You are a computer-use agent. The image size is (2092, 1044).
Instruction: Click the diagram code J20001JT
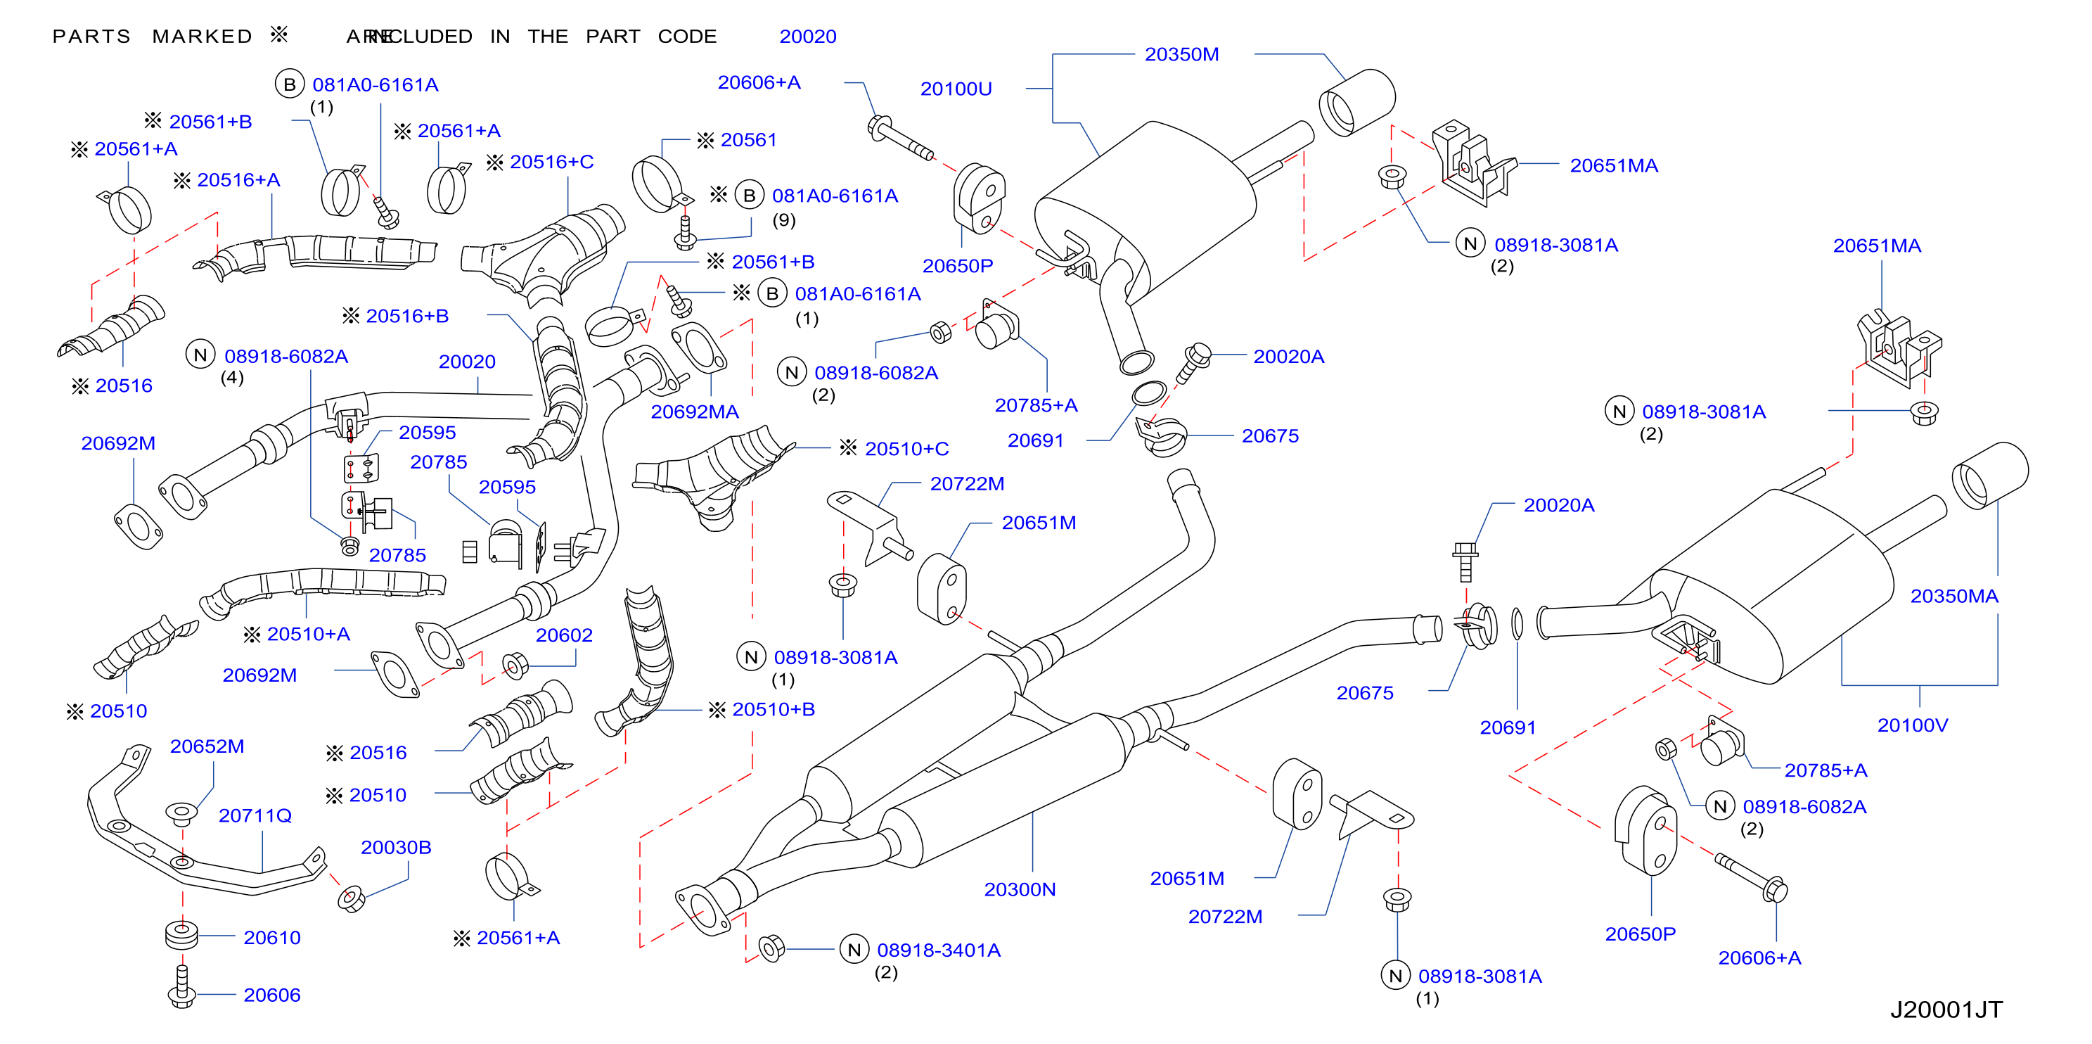(x=1946, y=1009)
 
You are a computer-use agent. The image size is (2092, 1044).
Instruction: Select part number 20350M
(x=1181, y=54)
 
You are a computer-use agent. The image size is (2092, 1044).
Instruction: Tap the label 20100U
(x=956, y=89)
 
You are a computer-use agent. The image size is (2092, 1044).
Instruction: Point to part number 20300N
(x=1020, y=890)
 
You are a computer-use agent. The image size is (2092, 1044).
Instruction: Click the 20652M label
(x=207, y=746)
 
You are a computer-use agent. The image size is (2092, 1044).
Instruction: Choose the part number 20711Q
(x=255, y=815)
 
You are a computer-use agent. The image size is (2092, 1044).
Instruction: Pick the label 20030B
(x=395, y=848)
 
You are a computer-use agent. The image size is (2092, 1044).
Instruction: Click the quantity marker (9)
(x=783, y=220)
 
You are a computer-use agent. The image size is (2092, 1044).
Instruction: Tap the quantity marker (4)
(x=232, y=377)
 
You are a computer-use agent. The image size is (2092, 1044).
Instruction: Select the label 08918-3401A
(x=939, y=950)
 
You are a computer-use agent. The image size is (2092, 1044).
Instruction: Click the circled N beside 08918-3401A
(x=854, y=950)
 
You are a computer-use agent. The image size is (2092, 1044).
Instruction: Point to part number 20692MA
(x=694, y=412)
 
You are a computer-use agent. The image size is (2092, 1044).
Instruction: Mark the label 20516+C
(x=551, y=162)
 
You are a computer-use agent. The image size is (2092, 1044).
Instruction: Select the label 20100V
(x=1913, y=725)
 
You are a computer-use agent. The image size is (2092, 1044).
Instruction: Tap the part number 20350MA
(x=1954, y=597)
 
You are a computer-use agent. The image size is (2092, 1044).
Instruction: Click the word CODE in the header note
(x=687, y=37)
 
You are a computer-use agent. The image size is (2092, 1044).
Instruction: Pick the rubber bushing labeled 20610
(x=182, y=935)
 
